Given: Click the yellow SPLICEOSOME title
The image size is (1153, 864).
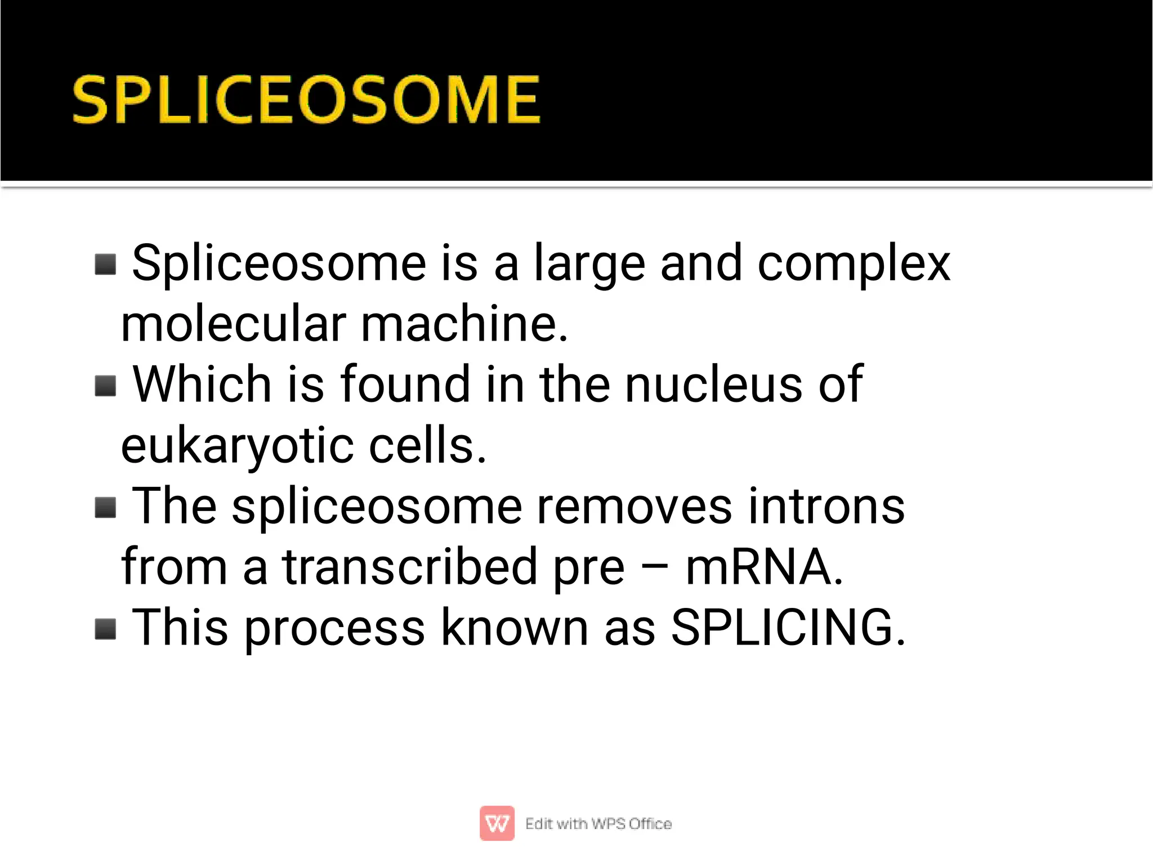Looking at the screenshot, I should (x=306, y=100).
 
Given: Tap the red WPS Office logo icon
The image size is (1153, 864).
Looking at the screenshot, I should (x=497, y=823).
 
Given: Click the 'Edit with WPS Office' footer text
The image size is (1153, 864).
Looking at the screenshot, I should (x=598, y=823).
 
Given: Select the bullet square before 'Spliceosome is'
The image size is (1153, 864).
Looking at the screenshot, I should (x=105, y=264).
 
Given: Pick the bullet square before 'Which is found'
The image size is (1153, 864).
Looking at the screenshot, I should (x=105, y=386).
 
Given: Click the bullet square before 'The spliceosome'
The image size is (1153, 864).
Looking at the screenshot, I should (x=105, y=507).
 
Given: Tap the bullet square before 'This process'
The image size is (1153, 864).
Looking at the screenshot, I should (x=105, y=629).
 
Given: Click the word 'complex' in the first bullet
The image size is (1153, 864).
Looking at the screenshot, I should (x=853, y=264).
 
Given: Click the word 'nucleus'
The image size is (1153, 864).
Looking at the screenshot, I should (x=713, y=385).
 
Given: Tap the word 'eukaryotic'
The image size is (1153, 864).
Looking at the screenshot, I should (x=237, y=446).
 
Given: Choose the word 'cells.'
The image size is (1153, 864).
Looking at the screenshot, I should (x=427, y=446).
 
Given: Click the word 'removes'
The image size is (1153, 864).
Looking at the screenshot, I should (x=634, y=507).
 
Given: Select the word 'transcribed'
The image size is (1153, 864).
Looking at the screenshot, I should (x=410, y=567).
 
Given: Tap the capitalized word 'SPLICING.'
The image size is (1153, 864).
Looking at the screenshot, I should (x=788, y=628).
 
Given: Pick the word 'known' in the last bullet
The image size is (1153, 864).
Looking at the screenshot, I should (x=515, y=628).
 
